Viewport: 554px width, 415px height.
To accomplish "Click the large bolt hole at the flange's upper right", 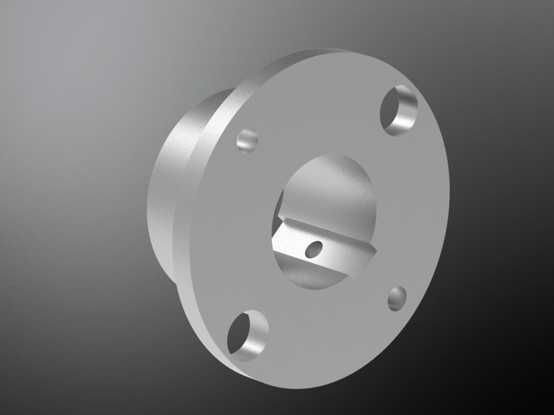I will (399, 110).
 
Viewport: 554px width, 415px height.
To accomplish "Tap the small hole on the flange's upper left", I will (247, 141).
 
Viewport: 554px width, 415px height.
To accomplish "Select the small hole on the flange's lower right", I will (397, 299).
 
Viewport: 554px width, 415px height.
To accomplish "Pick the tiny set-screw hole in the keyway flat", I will (314, 249).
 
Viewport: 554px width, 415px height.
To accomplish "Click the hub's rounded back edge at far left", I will (152, 196).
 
